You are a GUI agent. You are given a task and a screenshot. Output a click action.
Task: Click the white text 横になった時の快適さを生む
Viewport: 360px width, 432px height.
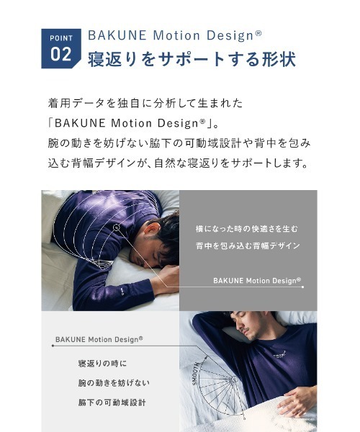click(x=246, y=228)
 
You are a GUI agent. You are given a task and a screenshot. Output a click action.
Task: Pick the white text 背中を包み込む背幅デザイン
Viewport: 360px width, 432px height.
click(x=246, y=246)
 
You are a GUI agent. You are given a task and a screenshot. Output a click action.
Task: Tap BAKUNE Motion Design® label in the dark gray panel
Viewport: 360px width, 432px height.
click(x=256, y=281)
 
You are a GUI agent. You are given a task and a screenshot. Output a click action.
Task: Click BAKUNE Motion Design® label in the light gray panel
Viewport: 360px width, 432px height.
click(x=99, y=339)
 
